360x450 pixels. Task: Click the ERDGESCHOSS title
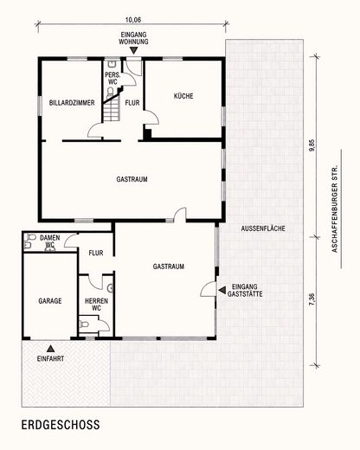point(61,425)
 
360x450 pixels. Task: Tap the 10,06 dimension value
point(133,20)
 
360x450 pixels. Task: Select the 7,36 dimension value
point(312,299)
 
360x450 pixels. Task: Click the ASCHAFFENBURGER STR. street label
point(335,209)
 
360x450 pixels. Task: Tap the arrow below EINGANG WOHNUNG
point(133,51)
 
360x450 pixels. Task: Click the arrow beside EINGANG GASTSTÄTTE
point(222,291)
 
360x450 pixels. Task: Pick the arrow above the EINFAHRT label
point(51,349)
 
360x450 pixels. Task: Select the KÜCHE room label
point(183,96)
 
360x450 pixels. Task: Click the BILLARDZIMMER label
point(72,103)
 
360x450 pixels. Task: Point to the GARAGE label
point(50,301)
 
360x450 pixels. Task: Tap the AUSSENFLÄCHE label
point(263,228)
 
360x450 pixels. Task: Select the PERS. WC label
point(112,79)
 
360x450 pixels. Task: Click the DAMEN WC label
point(50,241)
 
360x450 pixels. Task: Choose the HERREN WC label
point(96,305)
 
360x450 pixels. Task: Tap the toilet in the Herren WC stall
point(84,325)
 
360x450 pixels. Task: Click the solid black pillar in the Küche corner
point(147,134)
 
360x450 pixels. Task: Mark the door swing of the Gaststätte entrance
point(209,289)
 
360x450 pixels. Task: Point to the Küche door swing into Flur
point(151,118)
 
